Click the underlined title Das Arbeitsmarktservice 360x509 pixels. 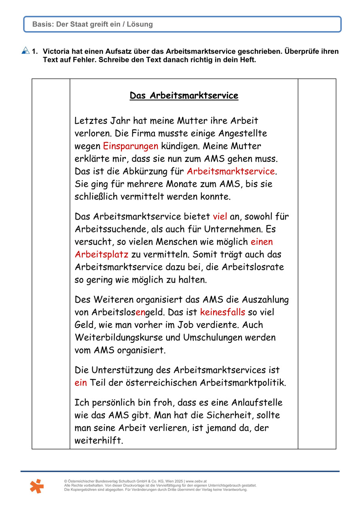point(184,96)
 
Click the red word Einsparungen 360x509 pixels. point(131,146)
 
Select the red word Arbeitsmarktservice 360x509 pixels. point(231,171)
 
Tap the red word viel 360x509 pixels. point(220,216)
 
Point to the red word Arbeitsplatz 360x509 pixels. point(102,254)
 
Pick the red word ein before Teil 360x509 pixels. point(80,382)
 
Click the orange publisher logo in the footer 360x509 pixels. point(36,486)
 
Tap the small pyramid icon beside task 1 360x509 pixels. point(25,51)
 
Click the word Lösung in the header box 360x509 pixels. point(141,24)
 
